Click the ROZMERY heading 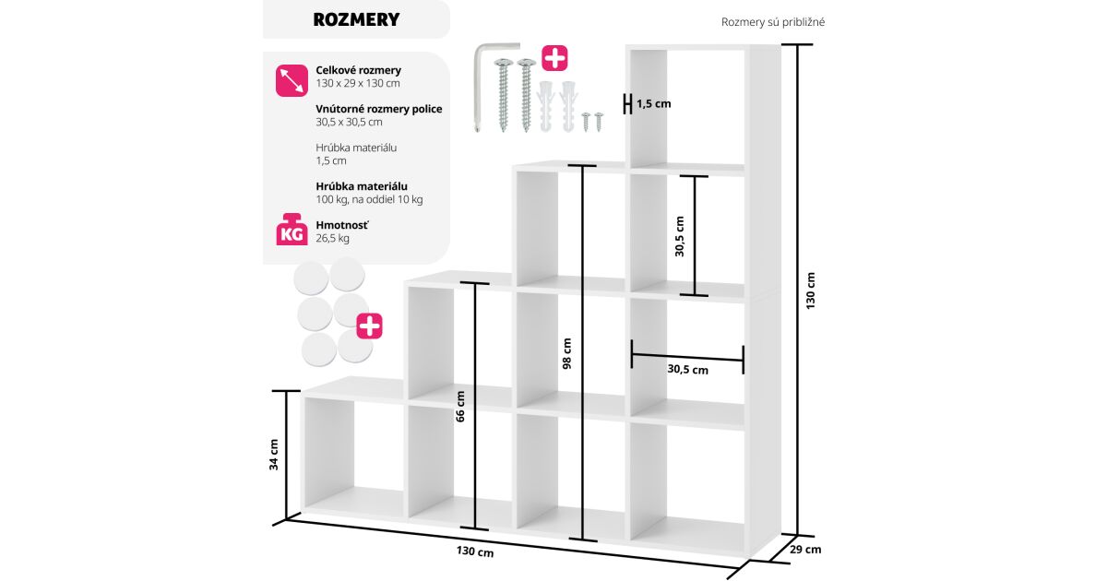(x=356, y=19)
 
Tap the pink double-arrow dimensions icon (x=292, y=80)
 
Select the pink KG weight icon (x=292, y=231)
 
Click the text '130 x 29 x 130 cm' (x=358, y=83)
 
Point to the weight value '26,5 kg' (x=332, y=238)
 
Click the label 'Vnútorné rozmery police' (x=378, y=109)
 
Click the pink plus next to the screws (x=554, y=58)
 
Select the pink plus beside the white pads (x=370, y=326)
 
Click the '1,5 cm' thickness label (x=654, y=104)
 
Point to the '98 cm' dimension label (x=567, y=353)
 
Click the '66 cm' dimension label (x=460, y=406)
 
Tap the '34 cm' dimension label (x=274, y=454)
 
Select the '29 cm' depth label (x=805, y=550)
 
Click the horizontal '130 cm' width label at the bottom (x=474, y=552)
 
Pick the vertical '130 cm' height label (x=811, y=290)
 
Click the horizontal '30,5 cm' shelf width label (x=687, y=370)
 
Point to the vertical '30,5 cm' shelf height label (x=680, y=237)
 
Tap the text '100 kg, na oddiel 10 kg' (x=369, y=199)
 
